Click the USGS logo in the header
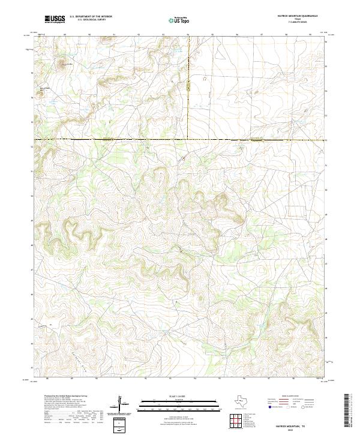tap(55, 19)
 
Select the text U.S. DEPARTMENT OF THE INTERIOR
tap(90, 17)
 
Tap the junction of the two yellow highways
tap(188, 140)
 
